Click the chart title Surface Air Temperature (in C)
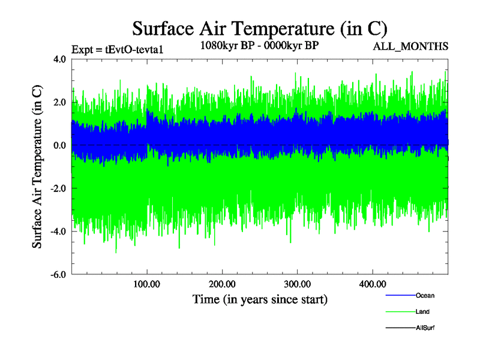coord(259,29)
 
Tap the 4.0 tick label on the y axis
coord(59,59)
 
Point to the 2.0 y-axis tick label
coord(59,103)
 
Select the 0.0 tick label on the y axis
coord(59,146)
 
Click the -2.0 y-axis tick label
coord(58,188)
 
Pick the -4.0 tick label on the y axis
coord(58,232)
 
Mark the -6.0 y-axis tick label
coord(58,275)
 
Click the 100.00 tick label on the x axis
coord(147,284)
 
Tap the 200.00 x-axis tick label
coord(222,284)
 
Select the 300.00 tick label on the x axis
coord(297,284)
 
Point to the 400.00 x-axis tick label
coord(372,284)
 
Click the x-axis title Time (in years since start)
coord(260,299)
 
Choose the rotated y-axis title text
coord(37,167)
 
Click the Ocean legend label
coord(425,295)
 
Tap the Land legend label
coord(422,311)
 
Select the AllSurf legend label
coord(425,328)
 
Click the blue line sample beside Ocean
coord(400,295)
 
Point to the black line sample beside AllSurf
coord(400,328)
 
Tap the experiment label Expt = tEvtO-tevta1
coord(117,50)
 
